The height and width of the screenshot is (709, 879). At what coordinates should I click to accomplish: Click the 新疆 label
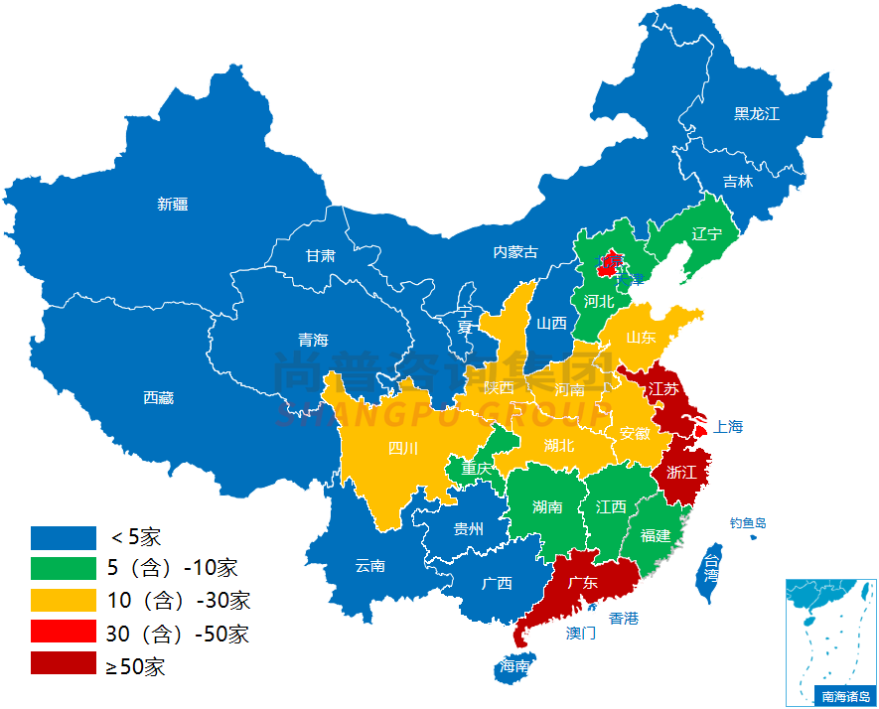tap(172, 205)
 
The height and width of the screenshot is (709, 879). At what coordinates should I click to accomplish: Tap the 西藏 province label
tap(158, 398)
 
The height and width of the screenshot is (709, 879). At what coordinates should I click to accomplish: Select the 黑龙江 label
tap(757, 114)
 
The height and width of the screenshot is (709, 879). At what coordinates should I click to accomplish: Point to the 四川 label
tap(402, 448)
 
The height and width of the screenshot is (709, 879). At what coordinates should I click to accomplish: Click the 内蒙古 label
tap(515, 252)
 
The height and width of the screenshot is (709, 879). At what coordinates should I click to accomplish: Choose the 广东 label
tap(582, 583)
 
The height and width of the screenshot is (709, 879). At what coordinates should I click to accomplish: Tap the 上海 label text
tap(728, 427)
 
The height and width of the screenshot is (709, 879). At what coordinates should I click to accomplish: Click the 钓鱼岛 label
tap(748, 523)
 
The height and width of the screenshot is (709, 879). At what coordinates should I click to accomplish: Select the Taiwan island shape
tap(711, 573)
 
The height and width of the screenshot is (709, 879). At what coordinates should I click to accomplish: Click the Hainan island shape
tap(514, 666)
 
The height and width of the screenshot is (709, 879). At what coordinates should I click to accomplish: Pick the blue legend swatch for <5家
tap(63, 537)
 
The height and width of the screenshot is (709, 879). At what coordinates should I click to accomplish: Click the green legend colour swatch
tap(63, 569)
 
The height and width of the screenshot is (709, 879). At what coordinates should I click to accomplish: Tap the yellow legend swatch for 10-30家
tap(63, 601)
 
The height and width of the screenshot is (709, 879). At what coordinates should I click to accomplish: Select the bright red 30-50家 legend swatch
tap(63, 633)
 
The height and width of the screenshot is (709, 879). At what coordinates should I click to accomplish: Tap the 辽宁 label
tap(705, 234)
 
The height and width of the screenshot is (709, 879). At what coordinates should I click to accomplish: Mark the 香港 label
tap(624, 619)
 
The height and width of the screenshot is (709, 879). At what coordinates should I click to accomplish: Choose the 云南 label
tap(369, 566)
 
